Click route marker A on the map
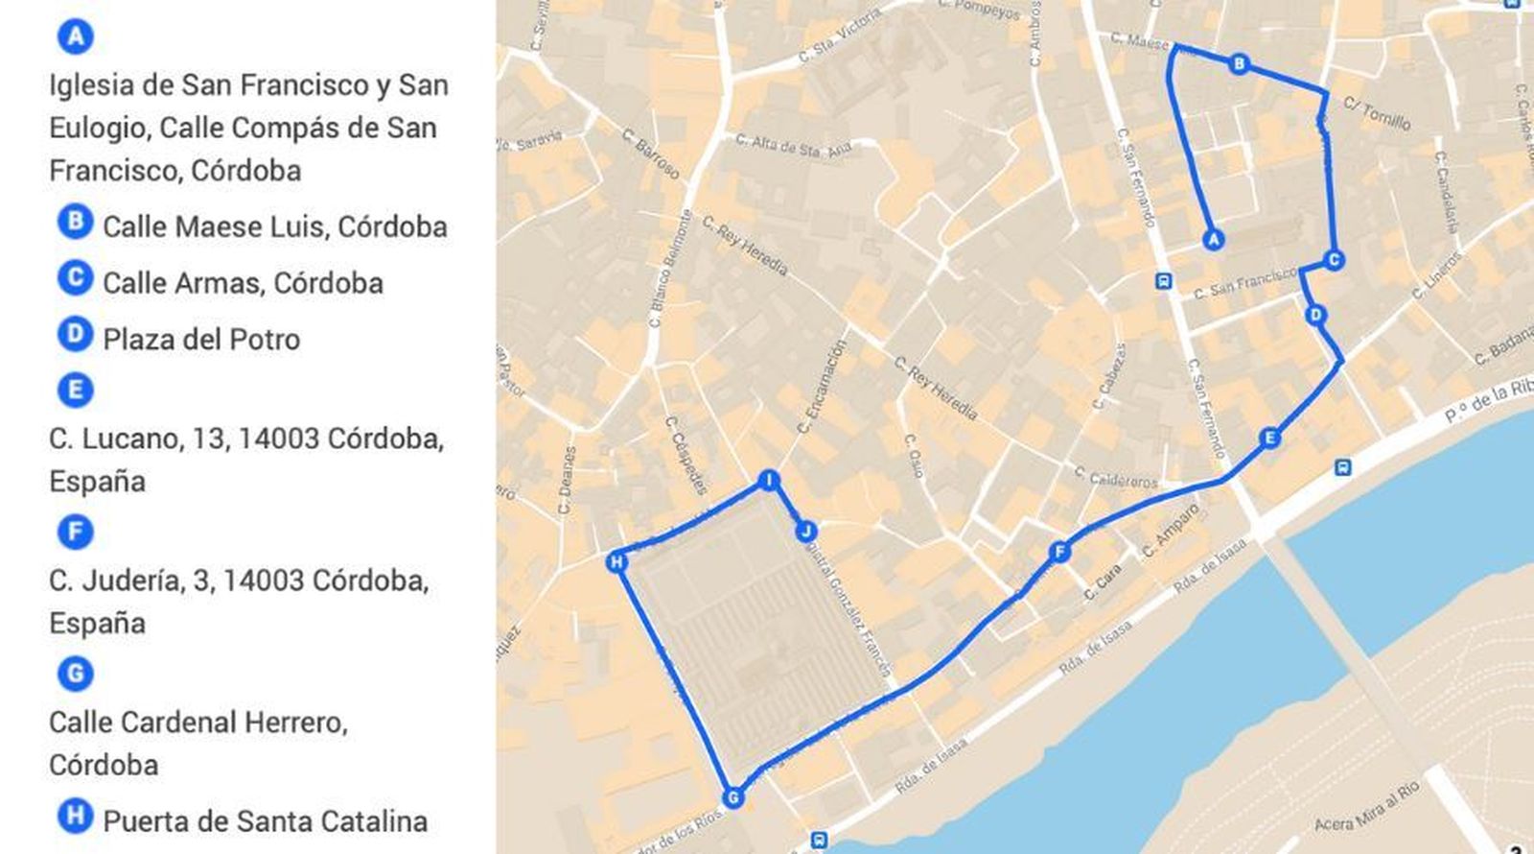tap(1214, 239)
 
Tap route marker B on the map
tap(1239, 64)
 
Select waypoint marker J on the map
tap(806, 532)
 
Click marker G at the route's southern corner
tap(732, 797)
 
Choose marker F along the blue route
tap(1059, 552)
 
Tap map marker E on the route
tap(1269, 439)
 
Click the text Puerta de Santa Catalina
tap(265, 821)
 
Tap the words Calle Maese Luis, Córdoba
tap(274, 227)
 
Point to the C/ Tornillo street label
tap(1377, 113)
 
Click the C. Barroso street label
tap(651, 154)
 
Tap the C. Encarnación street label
tap(822, 387)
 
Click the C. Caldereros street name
tap(1115, 477)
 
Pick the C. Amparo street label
tap(1171, 532)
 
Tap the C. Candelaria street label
tap(1447, 192)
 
